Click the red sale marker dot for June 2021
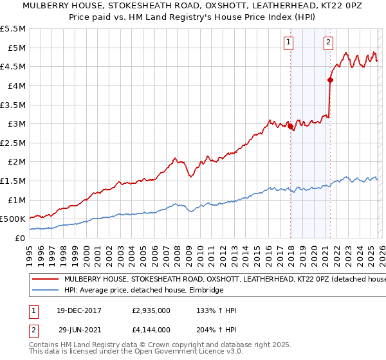coord(330,80)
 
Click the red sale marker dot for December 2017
coord(290,127)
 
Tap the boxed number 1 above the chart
coord(288,43)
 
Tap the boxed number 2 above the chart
coord(328,43)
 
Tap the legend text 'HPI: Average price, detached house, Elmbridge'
coord(143,291)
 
